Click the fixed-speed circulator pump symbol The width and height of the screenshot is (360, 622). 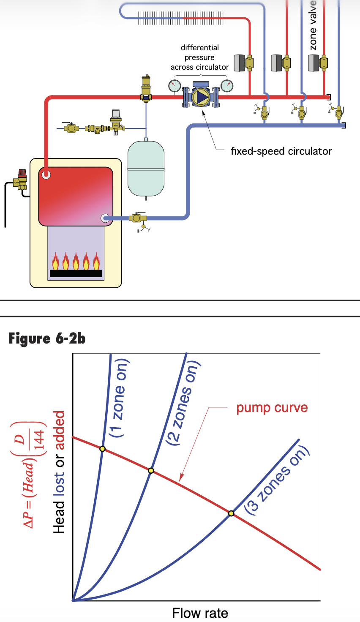201,97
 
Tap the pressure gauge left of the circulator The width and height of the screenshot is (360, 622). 175,86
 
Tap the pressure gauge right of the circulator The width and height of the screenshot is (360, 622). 227,86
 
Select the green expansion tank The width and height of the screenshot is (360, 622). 146,169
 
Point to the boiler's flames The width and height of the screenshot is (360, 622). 76,262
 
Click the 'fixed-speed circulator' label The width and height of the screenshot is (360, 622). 281,151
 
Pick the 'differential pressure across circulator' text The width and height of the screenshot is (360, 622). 200,57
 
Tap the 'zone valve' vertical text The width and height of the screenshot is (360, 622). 313,25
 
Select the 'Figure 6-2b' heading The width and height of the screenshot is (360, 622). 47,338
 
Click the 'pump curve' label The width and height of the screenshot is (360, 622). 272,408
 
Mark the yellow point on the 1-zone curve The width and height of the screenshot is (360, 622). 102,448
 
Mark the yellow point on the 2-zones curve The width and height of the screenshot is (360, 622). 151,470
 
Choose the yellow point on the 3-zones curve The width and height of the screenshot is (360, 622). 231,513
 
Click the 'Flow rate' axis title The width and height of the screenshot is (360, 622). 200,613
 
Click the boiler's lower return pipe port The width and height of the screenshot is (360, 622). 105,218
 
